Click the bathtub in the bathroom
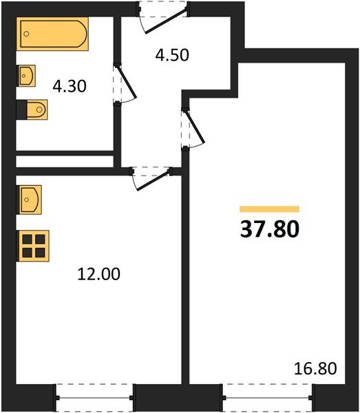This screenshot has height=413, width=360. point(52,34)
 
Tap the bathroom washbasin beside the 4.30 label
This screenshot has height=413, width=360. point(26,76)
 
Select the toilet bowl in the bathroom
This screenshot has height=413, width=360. point(37,109)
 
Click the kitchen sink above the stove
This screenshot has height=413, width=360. point(29,200)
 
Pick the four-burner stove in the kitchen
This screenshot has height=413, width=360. point(33,246)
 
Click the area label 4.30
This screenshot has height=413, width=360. point(70,86)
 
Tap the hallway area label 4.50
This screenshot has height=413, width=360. point(172,55)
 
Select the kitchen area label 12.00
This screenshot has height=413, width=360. point(98,274)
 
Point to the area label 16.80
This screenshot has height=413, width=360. point(315,368)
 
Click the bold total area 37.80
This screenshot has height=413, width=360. point(270,229)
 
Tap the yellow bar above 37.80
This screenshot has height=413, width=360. point(269,209)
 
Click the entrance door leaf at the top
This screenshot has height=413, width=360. point(166,21)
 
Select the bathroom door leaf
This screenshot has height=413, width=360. point(127,83)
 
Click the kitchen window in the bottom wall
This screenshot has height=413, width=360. point(94,398)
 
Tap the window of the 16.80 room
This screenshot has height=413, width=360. point(268,398)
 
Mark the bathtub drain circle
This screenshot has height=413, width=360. point(26,34)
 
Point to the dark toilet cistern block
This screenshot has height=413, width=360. point(21,109)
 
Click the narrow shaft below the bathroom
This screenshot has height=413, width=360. point(65,162)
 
